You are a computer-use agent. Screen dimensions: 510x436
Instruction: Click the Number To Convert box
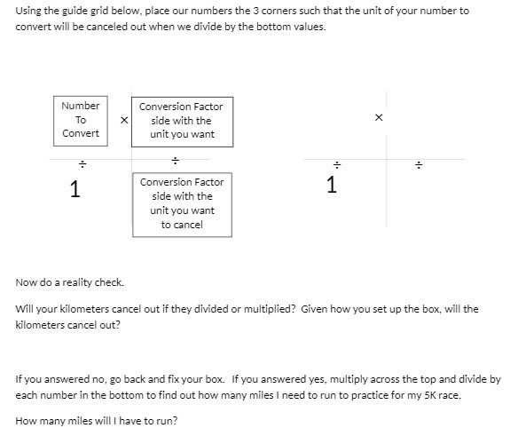coord(81,120)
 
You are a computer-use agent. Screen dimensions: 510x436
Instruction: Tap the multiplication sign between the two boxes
coord(123,120)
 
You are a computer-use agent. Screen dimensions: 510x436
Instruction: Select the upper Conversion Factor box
coord(181,121)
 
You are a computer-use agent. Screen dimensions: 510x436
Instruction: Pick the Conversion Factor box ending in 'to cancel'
coord(182,204)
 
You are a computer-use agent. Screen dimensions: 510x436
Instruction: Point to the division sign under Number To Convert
coord(81,163)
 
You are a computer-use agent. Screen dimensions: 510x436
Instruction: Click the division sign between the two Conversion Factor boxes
coord(176,161)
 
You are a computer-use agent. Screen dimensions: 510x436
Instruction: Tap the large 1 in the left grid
coord(75,188)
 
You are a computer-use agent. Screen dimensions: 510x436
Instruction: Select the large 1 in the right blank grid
coord(331,185)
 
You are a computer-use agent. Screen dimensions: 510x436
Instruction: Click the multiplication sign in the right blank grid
coord(379,117)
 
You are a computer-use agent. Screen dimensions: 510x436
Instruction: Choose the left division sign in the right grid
coord(336,164)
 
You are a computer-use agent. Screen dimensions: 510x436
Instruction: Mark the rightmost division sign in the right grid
coord(420,164)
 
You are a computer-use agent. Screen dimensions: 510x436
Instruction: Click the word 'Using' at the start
coord(29,11)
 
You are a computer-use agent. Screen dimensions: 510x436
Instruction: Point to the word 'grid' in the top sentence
coord(95,11)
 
